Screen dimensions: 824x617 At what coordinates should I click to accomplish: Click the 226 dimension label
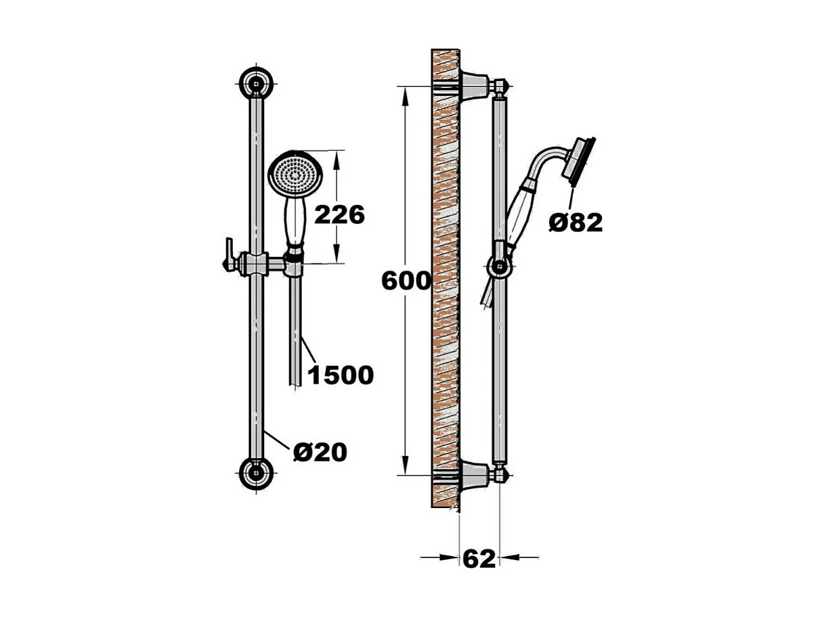339,215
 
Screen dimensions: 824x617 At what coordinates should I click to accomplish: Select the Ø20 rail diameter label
320,452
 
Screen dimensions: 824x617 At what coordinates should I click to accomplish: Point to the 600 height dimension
406,281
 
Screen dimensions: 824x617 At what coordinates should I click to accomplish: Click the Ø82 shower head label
576,223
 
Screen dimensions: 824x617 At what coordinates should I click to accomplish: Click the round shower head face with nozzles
295,175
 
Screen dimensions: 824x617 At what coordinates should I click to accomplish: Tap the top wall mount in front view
257,83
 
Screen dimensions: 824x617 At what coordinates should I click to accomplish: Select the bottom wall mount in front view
257,474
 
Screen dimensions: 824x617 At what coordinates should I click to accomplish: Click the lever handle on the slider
229,254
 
